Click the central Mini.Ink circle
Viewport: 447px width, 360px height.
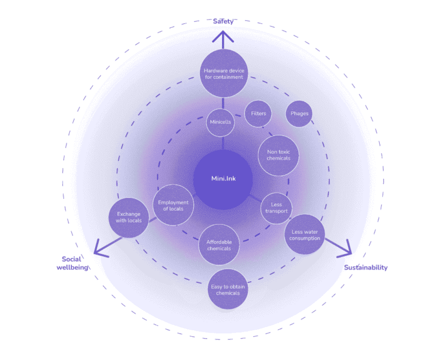click(x=223, y=179)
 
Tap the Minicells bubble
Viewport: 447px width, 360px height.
click(x=220, y=122)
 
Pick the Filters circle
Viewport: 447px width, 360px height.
click(x=258, y=114)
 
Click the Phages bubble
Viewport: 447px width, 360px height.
click(x=300, y=113)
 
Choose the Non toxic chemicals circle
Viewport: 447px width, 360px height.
click(x=278, y=155)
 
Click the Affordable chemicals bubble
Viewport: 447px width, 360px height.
click(x=219, y=245)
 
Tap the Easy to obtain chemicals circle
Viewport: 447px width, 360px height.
click(x=228, y=289)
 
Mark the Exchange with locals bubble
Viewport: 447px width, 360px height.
click(x=129, y=217)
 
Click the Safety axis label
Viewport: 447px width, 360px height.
click(x=223, y=21)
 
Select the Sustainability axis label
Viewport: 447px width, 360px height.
click(x=365, y=268)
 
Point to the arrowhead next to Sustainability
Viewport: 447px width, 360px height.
click(x=346, y=249)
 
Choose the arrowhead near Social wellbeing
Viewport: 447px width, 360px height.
click(x=100, y=250)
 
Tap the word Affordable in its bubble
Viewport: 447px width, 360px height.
click(x=219, y=242)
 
